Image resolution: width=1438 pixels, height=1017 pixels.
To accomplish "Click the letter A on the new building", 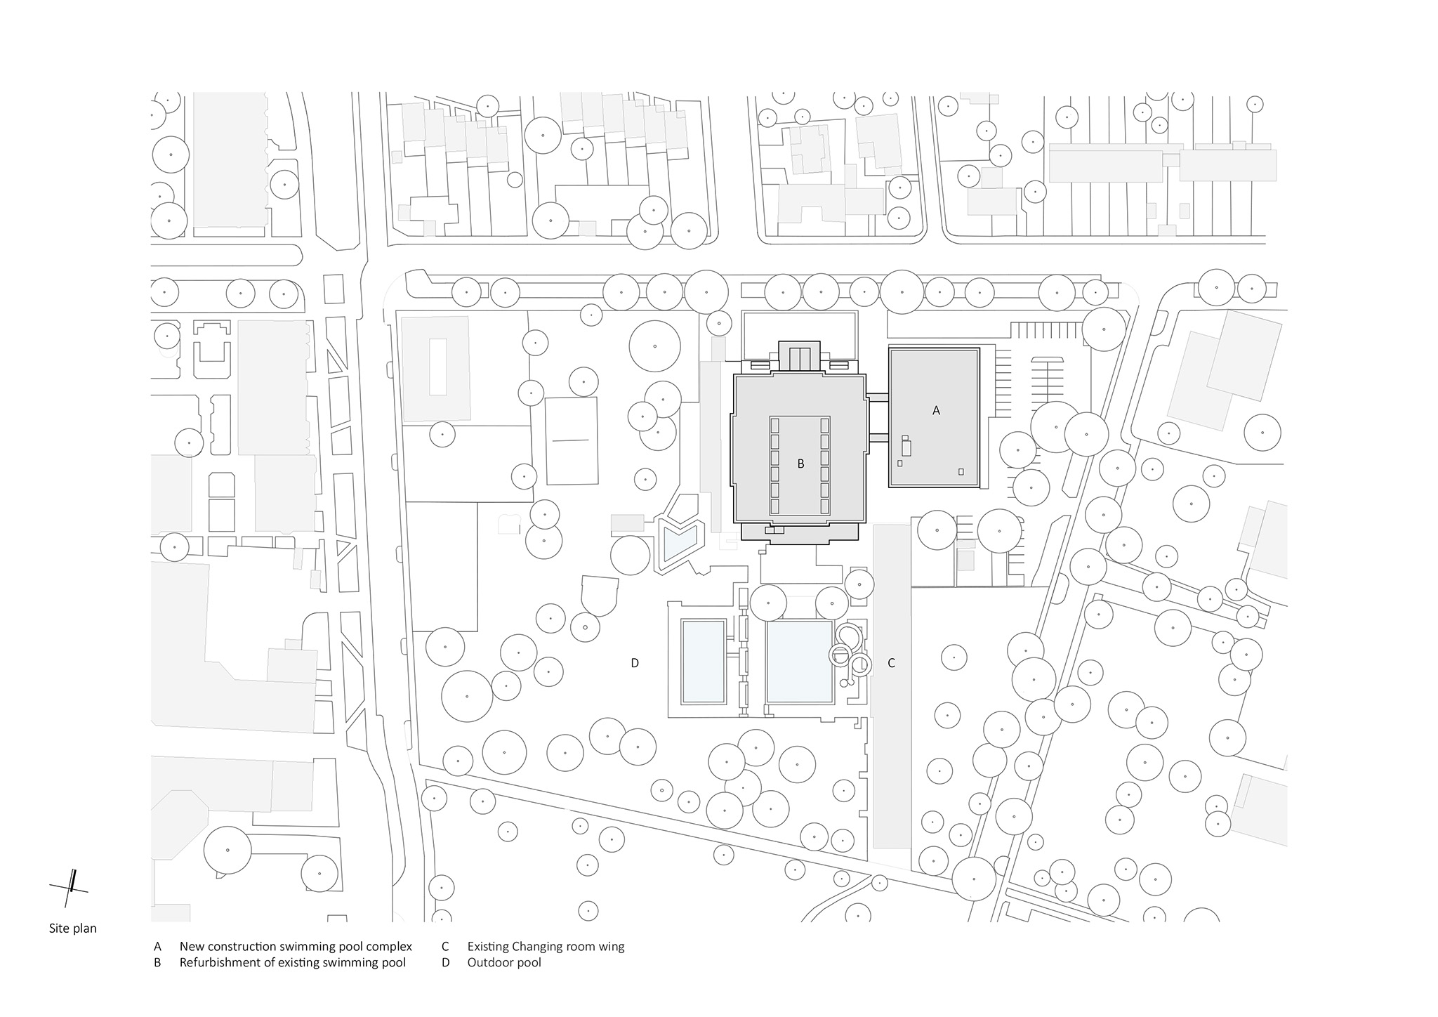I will tap(935, 411).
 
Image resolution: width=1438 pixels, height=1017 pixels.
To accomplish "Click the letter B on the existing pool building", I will tap(800, 464).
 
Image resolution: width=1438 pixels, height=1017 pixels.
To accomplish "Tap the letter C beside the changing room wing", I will tap(891, 662).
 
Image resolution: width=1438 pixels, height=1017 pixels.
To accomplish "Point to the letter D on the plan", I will tap(635, 662).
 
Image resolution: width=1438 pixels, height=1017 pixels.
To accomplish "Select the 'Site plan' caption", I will tap(73, 929).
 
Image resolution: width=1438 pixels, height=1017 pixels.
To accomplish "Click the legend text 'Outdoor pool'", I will tap(504, 962).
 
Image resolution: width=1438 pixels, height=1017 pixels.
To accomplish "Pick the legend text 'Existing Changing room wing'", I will tap(546, 946).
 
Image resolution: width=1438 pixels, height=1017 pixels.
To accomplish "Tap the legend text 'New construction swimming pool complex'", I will tap(296, 946).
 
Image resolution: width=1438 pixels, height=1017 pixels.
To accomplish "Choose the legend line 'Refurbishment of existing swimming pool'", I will tap(292, 962).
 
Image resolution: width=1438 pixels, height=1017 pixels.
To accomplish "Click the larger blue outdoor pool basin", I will tap(799, 662).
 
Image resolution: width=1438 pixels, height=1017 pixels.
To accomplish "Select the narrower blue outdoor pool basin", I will tap(704, 662).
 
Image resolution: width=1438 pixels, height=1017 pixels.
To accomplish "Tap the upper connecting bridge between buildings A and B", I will tap(878, 398).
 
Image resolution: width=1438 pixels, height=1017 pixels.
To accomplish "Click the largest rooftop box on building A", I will tap(906, 447).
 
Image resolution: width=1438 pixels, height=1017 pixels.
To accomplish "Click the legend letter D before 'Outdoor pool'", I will tap(445, 962).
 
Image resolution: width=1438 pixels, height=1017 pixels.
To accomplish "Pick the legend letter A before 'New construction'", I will tap(157, 946).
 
